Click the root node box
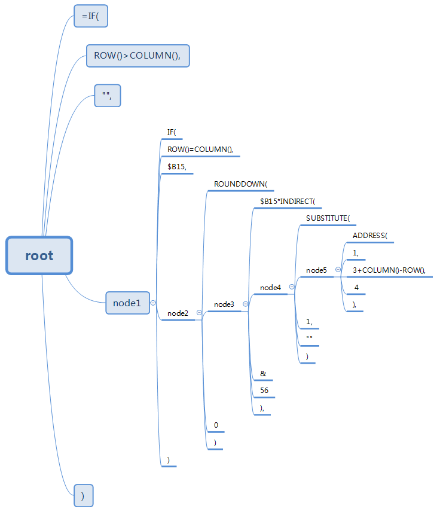click(x=39, y=256)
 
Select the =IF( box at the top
click(x=91, y=17)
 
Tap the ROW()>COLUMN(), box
click(x=137, y=56)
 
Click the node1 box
click(x=127, y=303)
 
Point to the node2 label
click(x=178, y=313)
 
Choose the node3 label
click(x=224, y=304)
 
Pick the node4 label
click(x=270, y=288)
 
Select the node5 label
click(x=316, y=270)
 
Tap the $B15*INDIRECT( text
click(x=287, y=202)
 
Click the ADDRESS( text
click(x=370, y=236)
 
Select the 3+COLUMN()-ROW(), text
click(x=389, y=270)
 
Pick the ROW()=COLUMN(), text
click(x=200, y=150)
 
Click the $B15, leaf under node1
click(x=176, y=167)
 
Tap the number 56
click(x=264, y=391)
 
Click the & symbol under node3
click(x=262, y=374)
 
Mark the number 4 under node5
click(x=356, y=288)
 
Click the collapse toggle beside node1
click(x=154, y=303)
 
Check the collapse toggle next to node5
click(x=338, y=270)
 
